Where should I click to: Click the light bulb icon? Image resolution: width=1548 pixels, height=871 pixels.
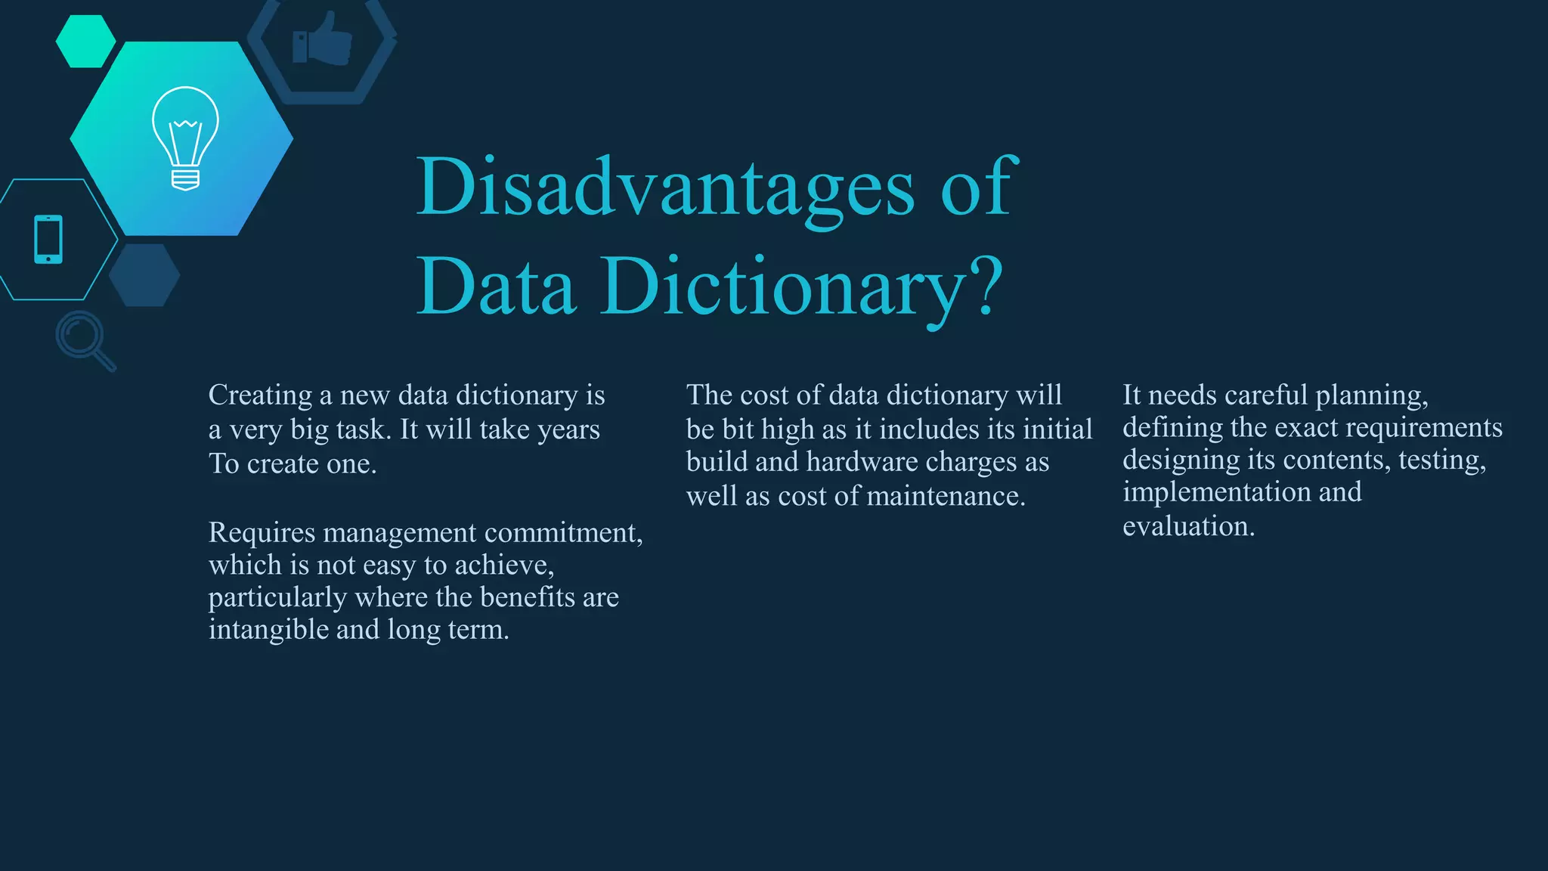[185, 138]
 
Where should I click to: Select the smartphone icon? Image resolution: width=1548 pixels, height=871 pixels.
[48, 239]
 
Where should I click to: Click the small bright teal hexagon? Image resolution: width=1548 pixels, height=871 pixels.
[85, 42]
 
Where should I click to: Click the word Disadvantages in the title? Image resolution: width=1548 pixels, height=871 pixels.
[665, 187]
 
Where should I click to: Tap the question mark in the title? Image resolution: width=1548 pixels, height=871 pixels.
[987, 287]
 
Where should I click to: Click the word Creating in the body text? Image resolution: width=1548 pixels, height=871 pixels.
[260, 395]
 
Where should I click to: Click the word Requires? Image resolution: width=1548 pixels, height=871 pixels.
[262, 533]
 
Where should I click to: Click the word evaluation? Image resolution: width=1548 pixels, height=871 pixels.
[1188, 526]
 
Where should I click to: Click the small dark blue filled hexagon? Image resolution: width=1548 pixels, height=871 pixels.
[144, 275]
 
